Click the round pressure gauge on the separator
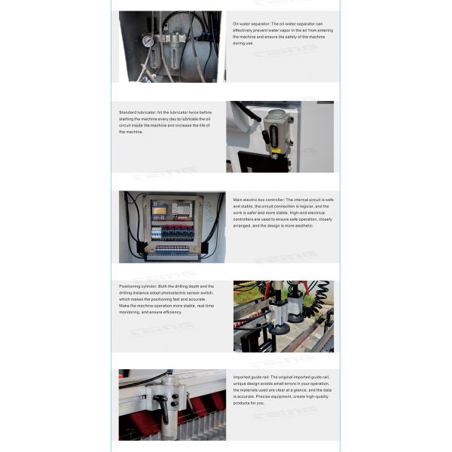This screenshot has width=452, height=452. (x=148, y=41)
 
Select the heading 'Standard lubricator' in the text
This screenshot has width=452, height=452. (x=137, y=112)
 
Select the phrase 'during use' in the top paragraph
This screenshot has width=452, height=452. (x=243, y=43)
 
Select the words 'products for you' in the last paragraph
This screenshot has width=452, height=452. (x=249, y=402)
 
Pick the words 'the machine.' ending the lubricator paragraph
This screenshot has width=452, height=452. (x=132, y=132)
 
